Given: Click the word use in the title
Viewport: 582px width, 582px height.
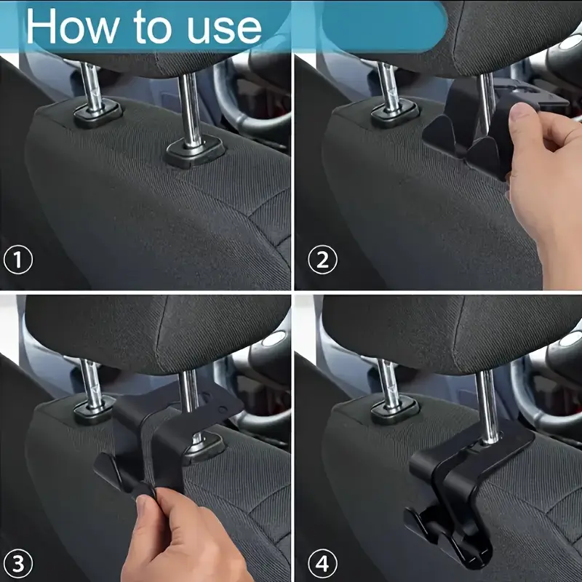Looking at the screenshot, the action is [224, 29].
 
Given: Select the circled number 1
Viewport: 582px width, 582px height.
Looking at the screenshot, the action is [17, 260].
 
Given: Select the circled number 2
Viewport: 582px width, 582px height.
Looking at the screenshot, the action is [322, 260].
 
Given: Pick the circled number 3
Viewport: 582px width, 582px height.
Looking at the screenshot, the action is [17, 564].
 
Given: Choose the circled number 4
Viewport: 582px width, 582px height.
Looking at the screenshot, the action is [322, 564].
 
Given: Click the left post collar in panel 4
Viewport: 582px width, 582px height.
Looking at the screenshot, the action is [395, 412].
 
